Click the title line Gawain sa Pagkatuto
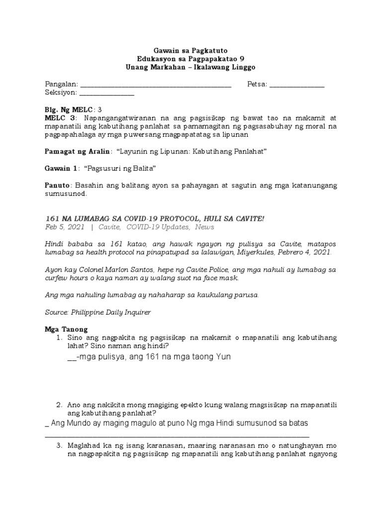click(x=191, y=50)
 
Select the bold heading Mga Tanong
click(x=66, y=329)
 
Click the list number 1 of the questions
click(x=59, y=338)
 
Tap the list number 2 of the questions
click(x=59, y=405)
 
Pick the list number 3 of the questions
click(x=59, y=445)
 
